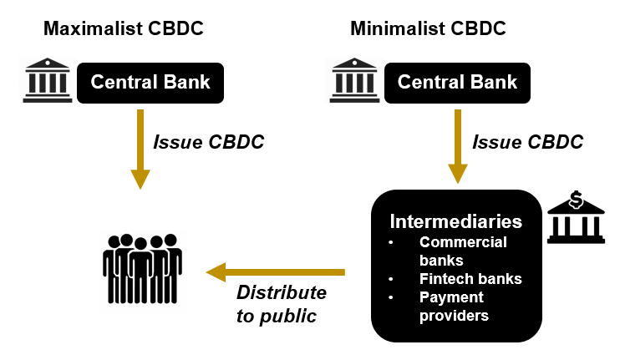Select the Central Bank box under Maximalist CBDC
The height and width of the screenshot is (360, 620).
(x=150, y=83)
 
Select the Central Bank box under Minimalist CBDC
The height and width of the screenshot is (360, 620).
(x=457, y=83)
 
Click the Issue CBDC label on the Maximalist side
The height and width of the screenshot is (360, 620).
(x=208, y=142)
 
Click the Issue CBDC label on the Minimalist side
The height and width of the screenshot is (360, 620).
(x=528, y=142)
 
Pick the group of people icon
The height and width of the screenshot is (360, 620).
(x=142, y=268)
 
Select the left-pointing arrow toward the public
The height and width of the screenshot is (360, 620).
(x=276, y=271)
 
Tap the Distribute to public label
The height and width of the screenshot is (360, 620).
(x=282, y=304)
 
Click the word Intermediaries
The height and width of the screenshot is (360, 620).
(x=456, y=222)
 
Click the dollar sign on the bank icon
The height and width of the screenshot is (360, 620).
(x=575, y=200)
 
